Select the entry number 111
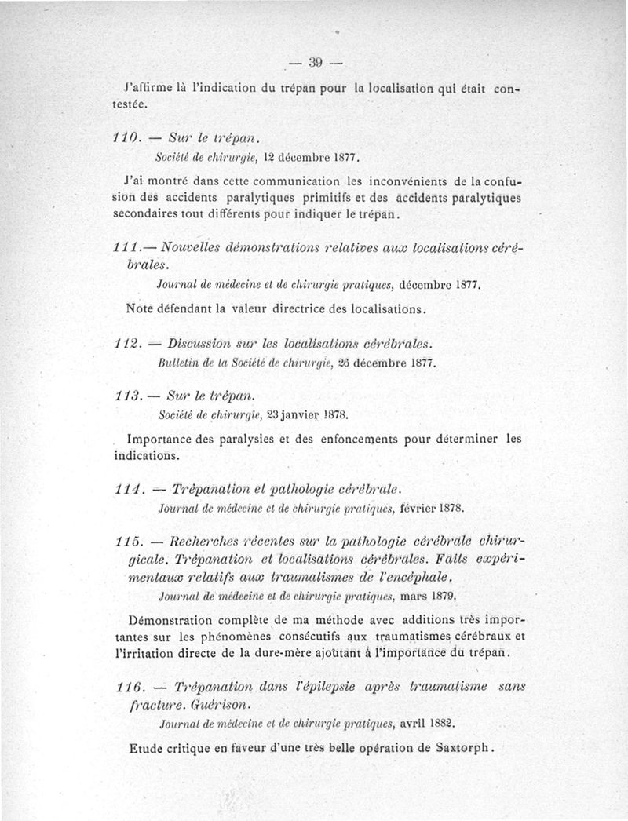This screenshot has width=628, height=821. coord(126,249)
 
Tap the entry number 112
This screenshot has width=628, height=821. coord(126,345)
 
